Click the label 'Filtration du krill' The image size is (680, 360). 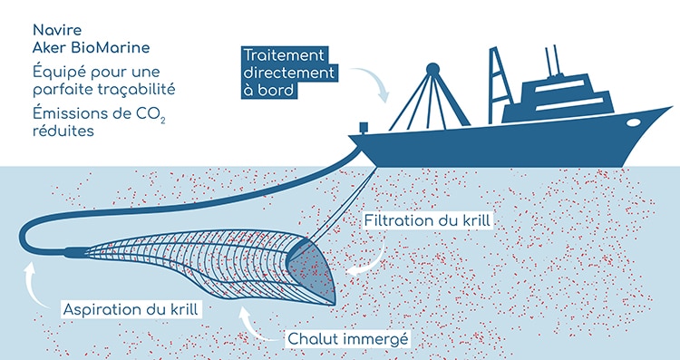tap(429, 221)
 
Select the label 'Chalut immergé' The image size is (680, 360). tap(349, 340)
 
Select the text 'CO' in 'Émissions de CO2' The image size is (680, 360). tap(151, 112)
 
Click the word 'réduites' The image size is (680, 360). tap(60, 131)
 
